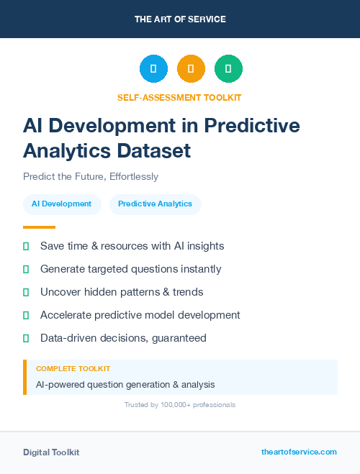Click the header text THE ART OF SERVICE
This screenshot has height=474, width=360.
tap(180, 19)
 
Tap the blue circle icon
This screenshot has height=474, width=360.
tap(153, 69)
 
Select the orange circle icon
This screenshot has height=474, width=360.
tap(191, 69)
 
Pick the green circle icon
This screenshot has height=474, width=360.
tap(228, 69)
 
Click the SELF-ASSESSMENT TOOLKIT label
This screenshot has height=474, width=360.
tap(180, 97)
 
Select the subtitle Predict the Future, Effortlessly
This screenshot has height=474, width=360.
tap(91, 176)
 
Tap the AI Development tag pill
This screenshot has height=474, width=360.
tap(61, 204)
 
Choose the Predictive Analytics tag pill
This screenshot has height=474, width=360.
tap(155, 204)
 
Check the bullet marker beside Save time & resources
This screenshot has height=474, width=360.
tap(26, 246)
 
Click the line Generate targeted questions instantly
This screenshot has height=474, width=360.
tap(130, 269)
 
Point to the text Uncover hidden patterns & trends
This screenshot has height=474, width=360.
tap(122, 292)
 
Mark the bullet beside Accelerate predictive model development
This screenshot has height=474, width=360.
tap(26, 315)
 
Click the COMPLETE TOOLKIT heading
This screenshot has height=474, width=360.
tap(73, 368)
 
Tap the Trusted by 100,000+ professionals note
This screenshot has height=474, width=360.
tap(180, 405)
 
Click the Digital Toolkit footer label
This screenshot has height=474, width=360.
tap(51, 452)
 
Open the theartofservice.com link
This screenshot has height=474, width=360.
tap(299, 452)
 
